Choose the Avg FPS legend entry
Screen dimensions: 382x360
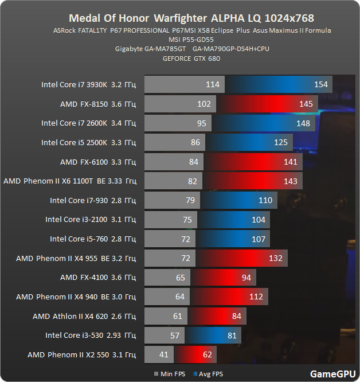click(x=210, y=373)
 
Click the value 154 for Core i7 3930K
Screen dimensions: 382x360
click(x=321, y=84)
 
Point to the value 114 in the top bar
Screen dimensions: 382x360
click(x=212, y=84)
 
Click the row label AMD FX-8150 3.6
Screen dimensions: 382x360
click(x=98, y=104)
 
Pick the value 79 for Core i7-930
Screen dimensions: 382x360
click(x=190, y=200)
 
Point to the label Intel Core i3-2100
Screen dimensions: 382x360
click(x=91, y=220)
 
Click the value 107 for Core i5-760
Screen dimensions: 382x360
click(x=259, y=239)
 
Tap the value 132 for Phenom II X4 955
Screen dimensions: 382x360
click(x=276, y=258)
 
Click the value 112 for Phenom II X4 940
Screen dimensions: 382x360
click(x=256, y=297)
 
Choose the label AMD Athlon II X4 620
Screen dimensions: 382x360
click(x=84, y=316)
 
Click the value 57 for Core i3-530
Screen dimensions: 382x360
click(x=175, y=335)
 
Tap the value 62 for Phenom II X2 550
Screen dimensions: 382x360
click(x=207, y=354)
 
